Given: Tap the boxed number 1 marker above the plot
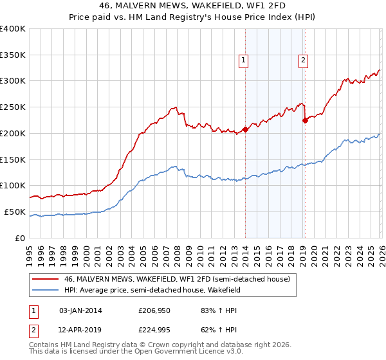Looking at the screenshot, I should [244, 61].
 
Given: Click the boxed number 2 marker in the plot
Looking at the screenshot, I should [303, 61].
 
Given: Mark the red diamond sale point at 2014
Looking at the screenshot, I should [245, 129].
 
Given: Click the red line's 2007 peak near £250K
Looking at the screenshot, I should [174, 107].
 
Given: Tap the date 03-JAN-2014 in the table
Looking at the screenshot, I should [80, 310].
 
